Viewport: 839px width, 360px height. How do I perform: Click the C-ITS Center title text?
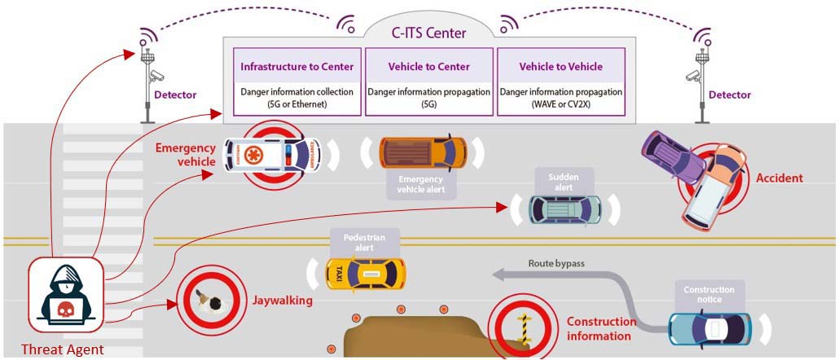click(429, 33)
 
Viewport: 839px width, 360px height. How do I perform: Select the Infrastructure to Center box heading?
click(297, 66)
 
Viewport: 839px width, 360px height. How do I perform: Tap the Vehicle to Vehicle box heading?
click(560, 66)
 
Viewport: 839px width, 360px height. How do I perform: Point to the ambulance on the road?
click(272, 154)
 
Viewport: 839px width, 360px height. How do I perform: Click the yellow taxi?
click(366, 274)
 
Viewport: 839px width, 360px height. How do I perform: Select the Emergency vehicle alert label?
click(420, 184)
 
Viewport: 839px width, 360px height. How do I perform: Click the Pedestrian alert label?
click(364, 242)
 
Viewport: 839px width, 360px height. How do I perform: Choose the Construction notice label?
click(709, 294)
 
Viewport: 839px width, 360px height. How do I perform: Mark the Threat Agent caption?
click(62, 350)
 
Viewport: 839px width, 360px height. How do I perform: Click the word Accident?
click(780, 178)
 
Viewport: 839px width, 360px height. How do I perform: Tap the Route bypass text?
click(556, 263)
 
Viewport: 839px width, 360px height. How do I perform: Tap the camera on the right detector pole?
click(692, 76)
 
